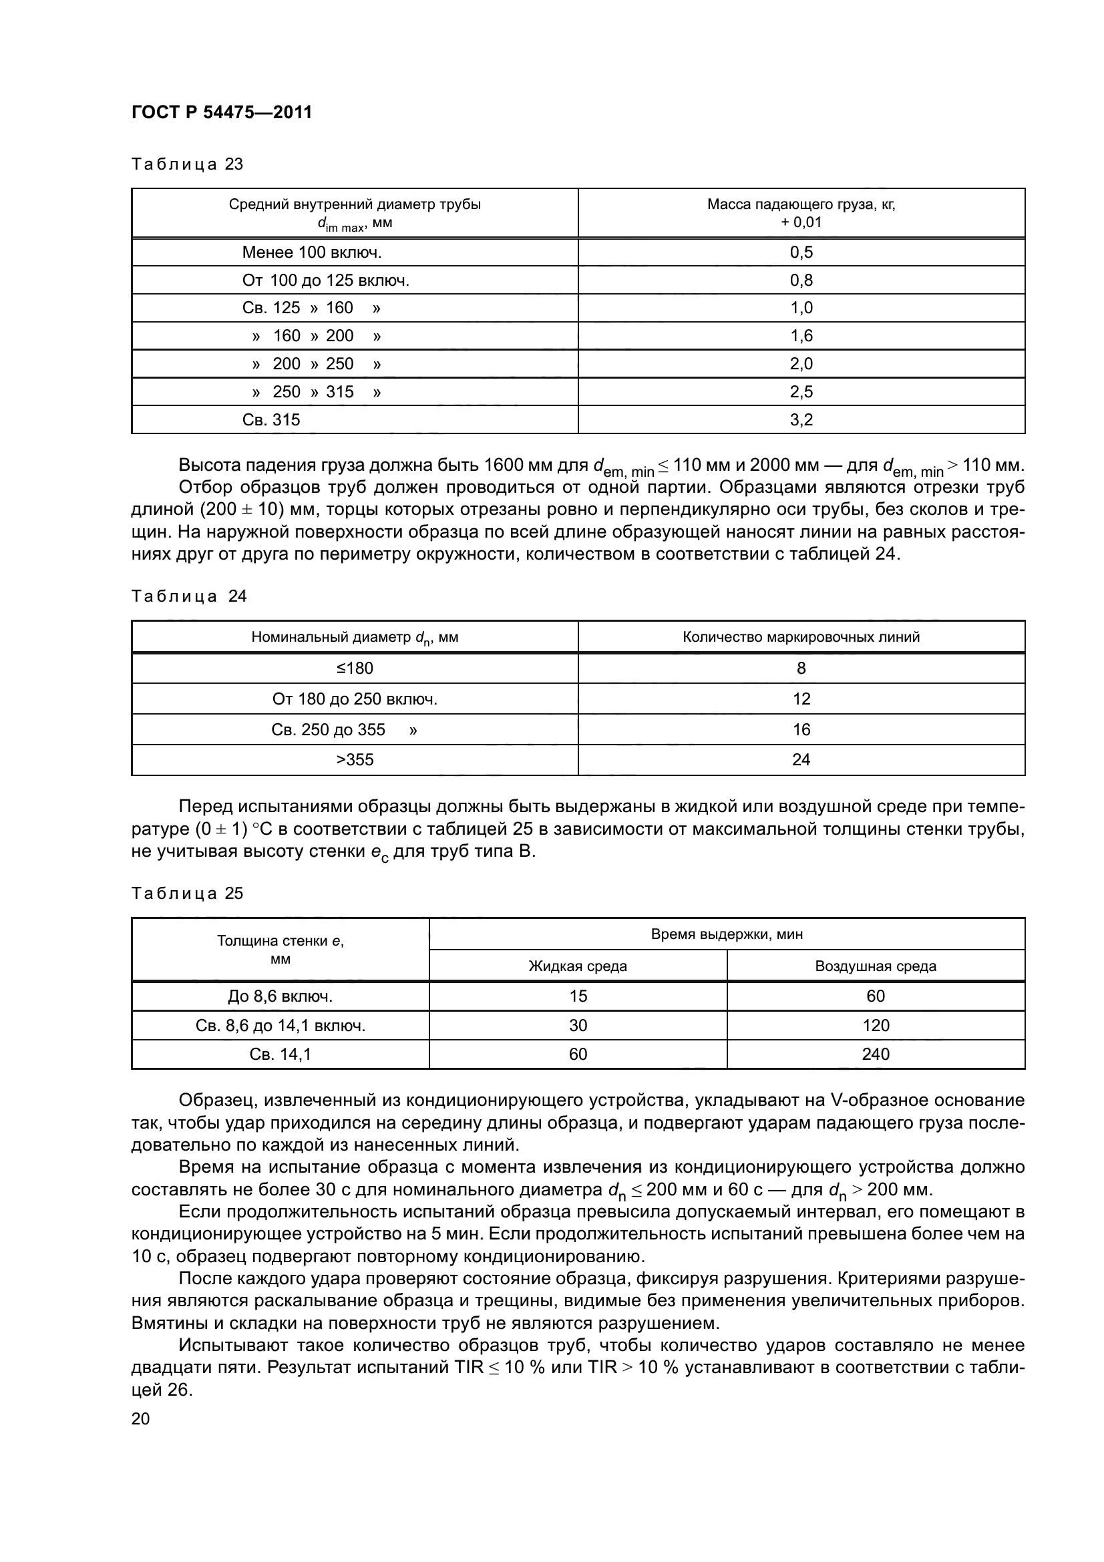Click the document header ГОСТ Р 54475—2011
[x=221, y=112]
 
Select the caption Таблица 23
[x=187, y=164]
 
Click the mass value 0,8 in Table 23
[x=801, y=280]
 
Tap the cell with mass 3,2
[x=801, y=420]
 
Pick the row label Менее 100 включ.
[x=311, y=252]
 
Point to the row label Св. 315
[x=270, y=420]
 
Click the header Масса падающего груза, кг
[x=801, y=204]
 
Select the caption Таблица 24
[x=189, y=596]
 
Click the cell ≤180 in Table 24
[x=355, y=668]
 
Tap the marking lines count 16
[x=801, y=729]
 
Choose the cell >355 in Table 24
[x=355, y=759]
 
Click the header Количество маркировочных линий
[x=801, y=637]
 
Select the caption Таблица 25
[x=187, y=894]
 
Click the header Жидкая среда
[x=578, y=966]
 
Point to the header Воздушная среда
[x=875, y=966]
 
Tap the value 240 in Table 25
[x=875, y=1054]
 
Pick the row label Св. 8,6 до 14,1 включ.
[x=281, y=1025]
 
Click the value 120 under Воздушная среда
[x=875, y=1025]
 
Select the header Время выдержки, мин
[x=727, y=934]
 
